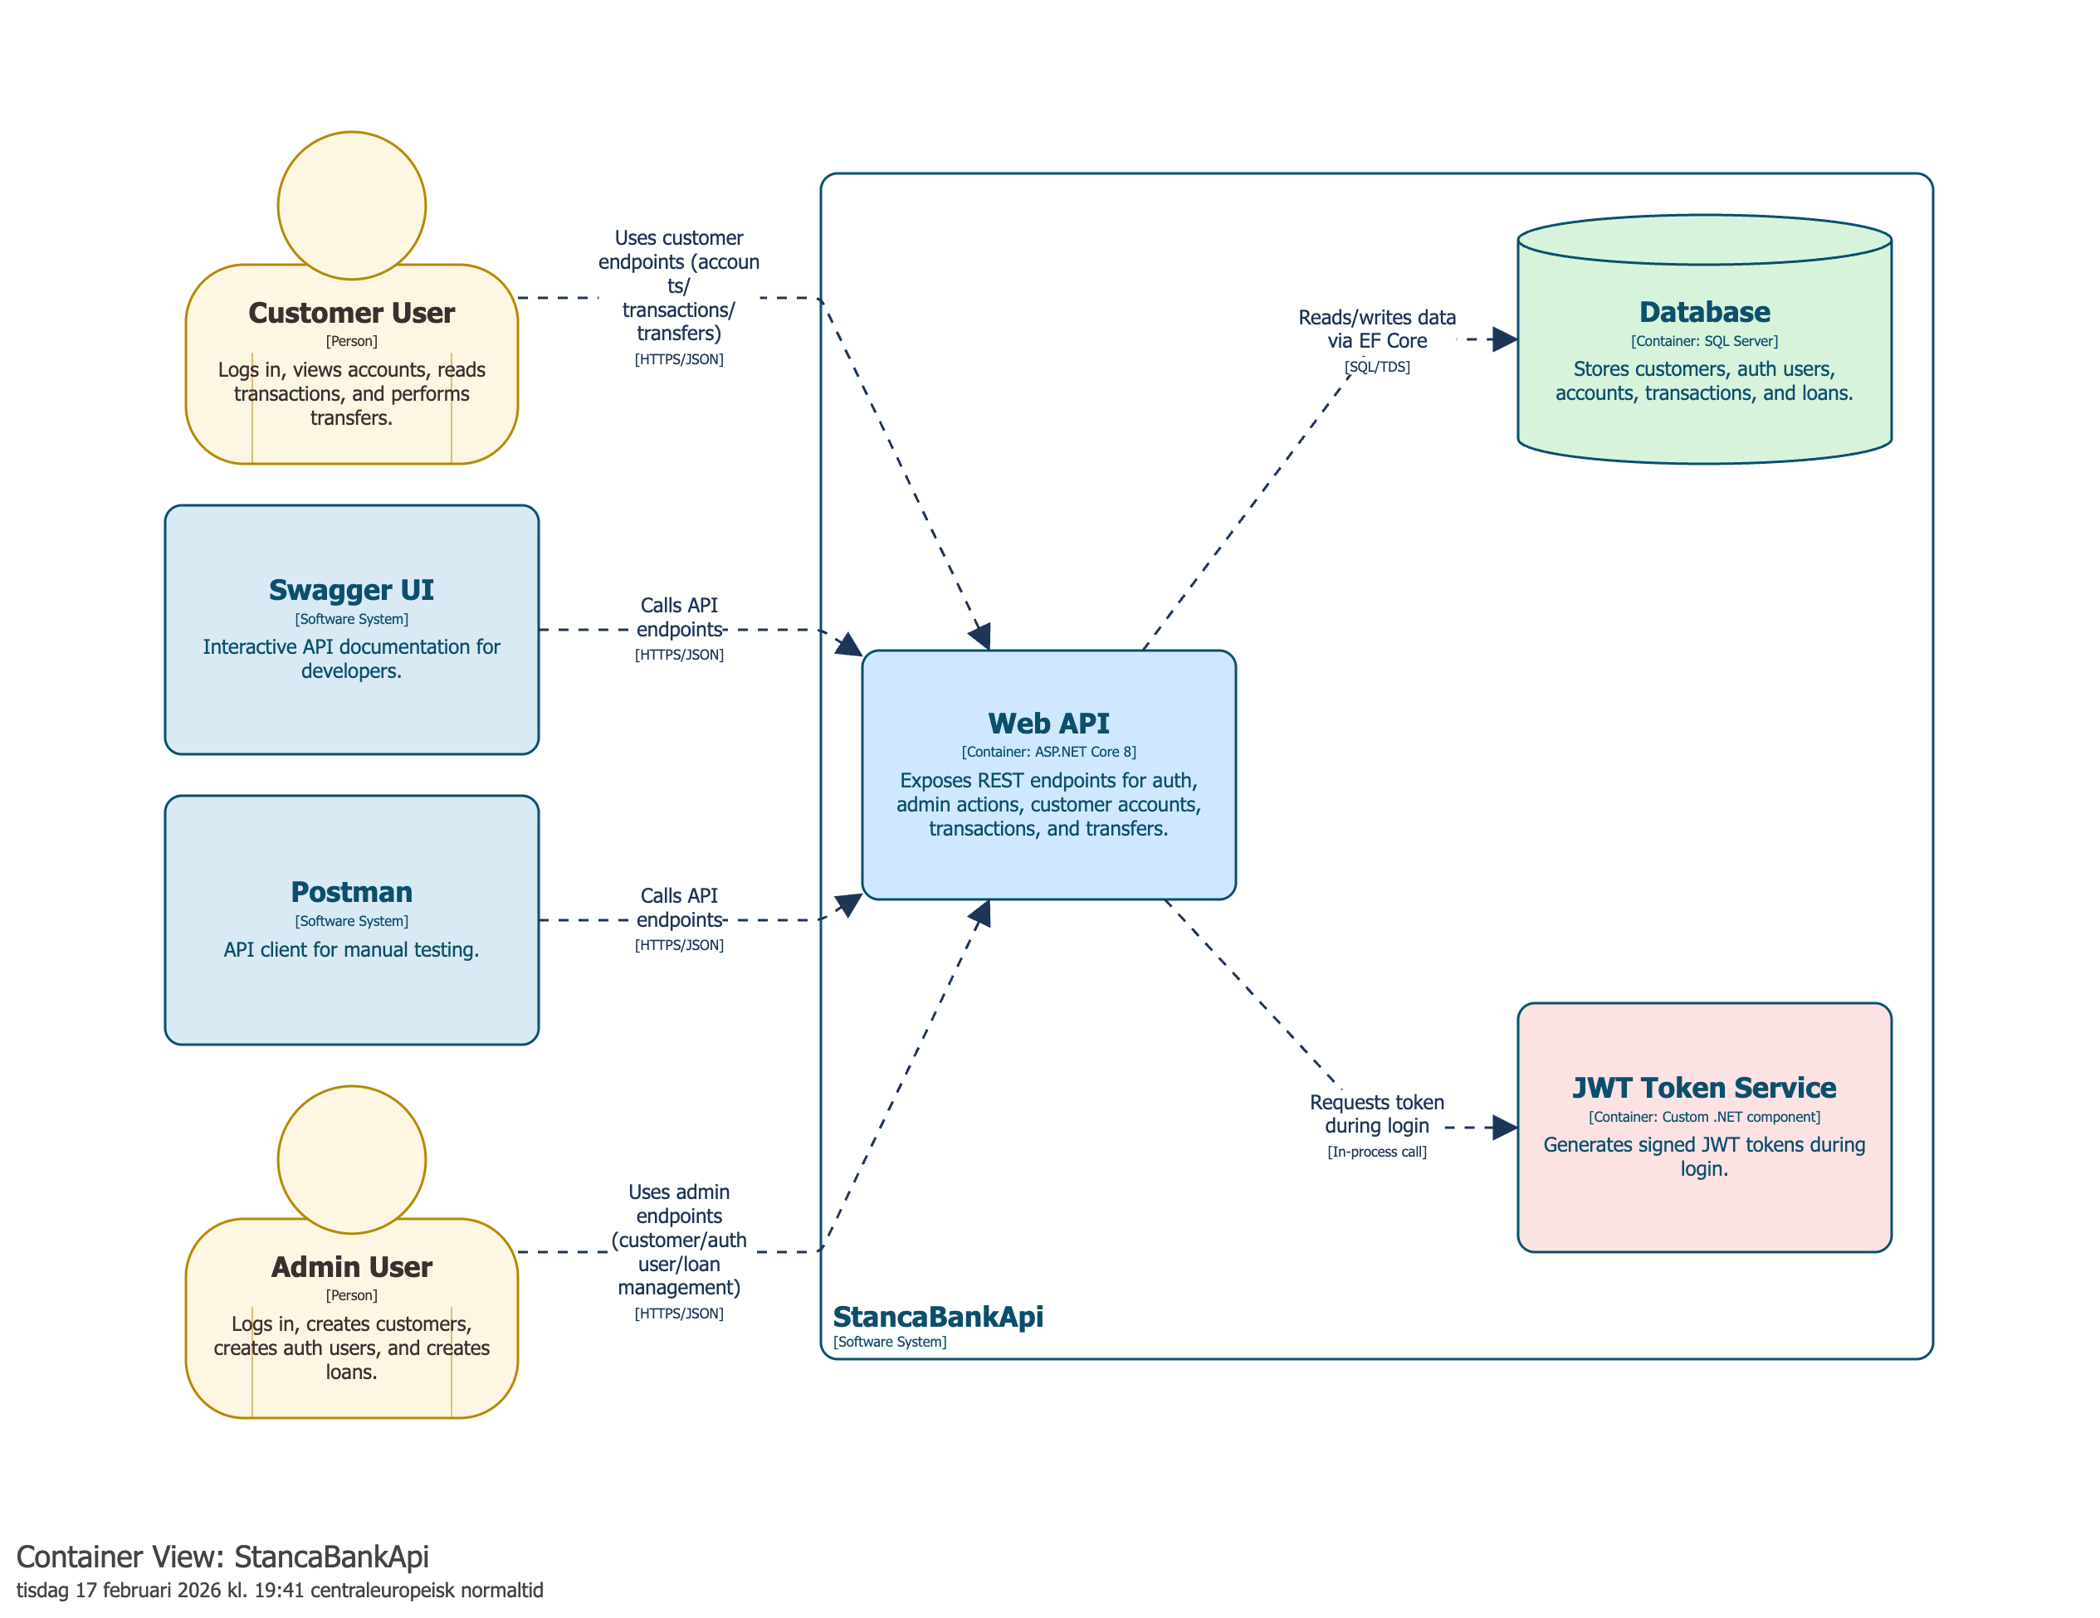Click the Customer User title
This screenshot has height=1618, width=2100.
point(351,313)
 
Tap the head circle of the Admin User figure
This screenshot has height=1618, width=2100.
point(351,1159)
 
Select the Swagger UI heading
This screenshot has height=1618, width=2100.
point(351,589)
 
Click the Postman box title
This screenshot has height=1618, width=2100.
point(351,891)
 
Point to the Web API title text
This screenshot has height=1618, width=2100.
point(1048,723)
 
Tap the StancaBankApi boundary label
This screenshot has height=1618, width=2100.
point(937,1316)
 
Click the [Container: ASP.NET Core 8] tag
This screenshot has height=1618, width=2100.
point(1048,752)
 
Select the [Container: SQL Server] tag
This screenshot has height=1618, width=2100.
point(1704,341)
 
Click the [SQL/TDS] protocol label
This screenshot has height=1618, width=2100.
point(1377,366)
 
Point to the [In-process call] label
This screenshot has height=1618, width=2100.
point(1377,1152)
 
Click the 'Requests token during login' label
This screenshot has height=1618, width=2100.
point(1377,1114)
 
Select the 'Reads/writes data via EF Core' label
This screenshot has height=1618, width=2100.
point(1377,329)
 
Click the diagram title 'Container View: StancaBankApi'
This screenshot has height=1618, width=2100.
point(222,1556)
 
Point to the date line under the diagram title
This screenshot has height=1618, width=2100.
point(279,1590)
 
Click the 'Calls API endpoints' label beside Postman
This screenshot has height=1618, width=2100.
point(679,908)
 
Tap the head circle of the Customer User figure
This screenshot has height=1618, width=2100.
point(351,205)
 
